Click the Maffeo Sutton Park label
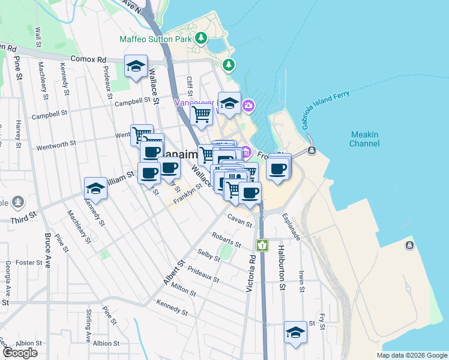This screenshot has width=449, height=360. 155,39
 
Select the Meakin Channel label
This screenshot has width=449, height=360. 364,139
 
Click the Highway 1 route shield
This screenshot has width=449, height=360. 262,245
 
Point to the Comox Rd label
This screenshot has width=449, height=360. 88,59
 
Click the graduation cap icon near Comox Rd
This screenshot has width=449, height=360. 136,66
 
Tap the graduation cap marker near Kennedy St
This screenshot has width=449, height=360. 95,189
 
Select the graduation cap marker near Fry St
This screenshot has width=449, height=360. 295,332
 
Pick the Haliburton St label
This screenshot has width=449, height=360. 281,269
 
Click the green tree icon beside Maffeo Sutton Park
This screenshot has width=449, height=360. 229,64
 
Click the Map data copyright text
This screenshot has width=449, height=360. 411,355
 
